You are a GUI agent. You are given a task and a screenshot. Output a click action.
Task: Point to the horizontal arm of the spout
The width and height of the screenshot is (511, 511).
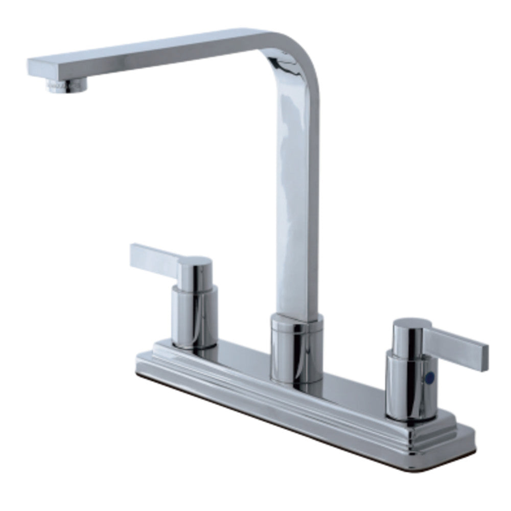click(x=153, y=51)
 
